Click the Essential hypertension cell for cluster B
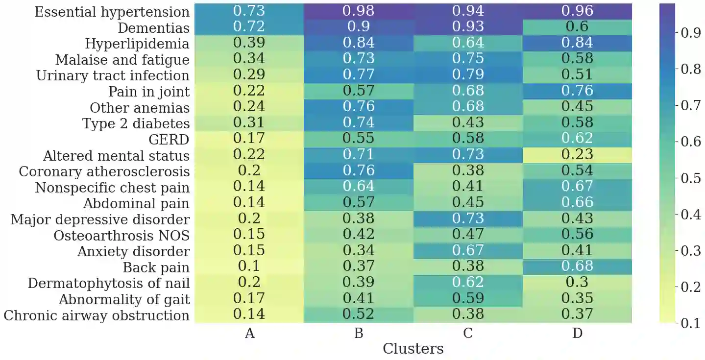(x=359, y=11)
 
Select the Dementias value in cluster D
(x=577, y=27)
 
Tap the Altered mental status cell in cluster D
(x=577, y=155)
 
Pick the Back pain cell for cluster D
(x=577, y=266)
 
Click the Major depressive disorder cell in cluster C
(x=468, y=218)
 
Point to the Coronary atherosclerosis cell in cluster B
(x=359, y=170)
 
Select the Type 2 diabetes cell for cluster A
(x=249, y=123)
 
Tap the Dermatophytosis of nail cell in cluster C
(x=468, y=283)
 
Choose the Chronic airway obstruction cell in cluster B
(x=359, y=314)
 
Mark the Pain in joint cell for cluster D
(x=577, y=91)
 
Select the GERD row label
(x=169, y=140)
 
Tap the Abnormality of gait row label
(x=124, y=299)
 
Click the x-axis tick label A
(x=249, y=334)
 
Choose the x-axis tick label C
(x=468, y=334)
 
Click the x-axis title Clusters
(x=413, y=349)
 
